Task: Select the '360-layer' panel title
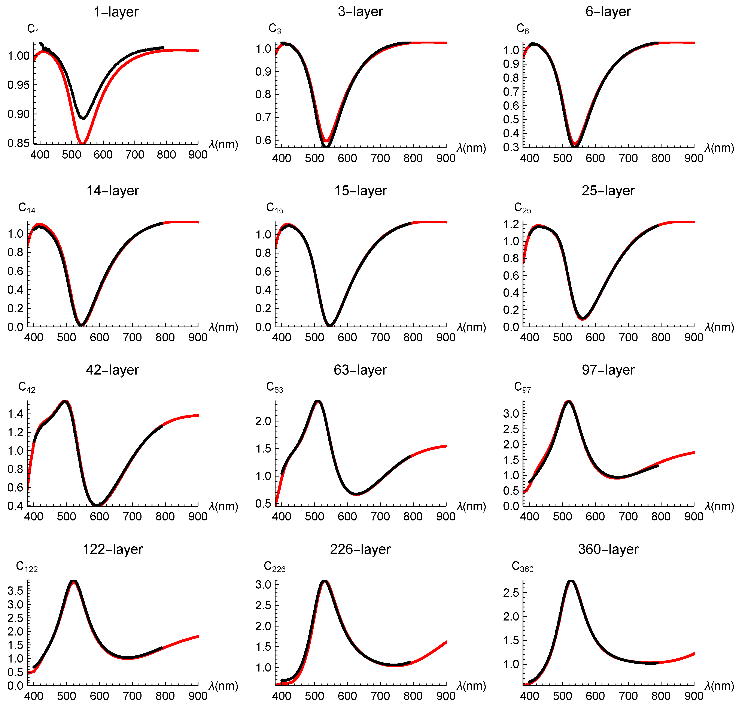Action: pyautogui.click(x=608, y=549)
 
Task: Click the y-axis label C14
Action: pyautogui.click(x=27, y=208)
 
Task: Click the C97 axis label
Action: pyautogui.click(x=522, y=387)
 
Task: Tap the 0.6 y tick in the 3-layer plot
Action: pyautogui.click(x=263, y=140)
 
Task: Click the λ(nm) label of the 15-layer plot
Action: pyautogui.click(x=471, y=327)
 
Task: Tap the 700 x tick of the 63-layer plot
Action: pyautogui.click(x=380, y=516)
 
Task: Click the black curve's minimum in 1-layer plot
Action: pyautogui.click(x=83, y=118)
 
